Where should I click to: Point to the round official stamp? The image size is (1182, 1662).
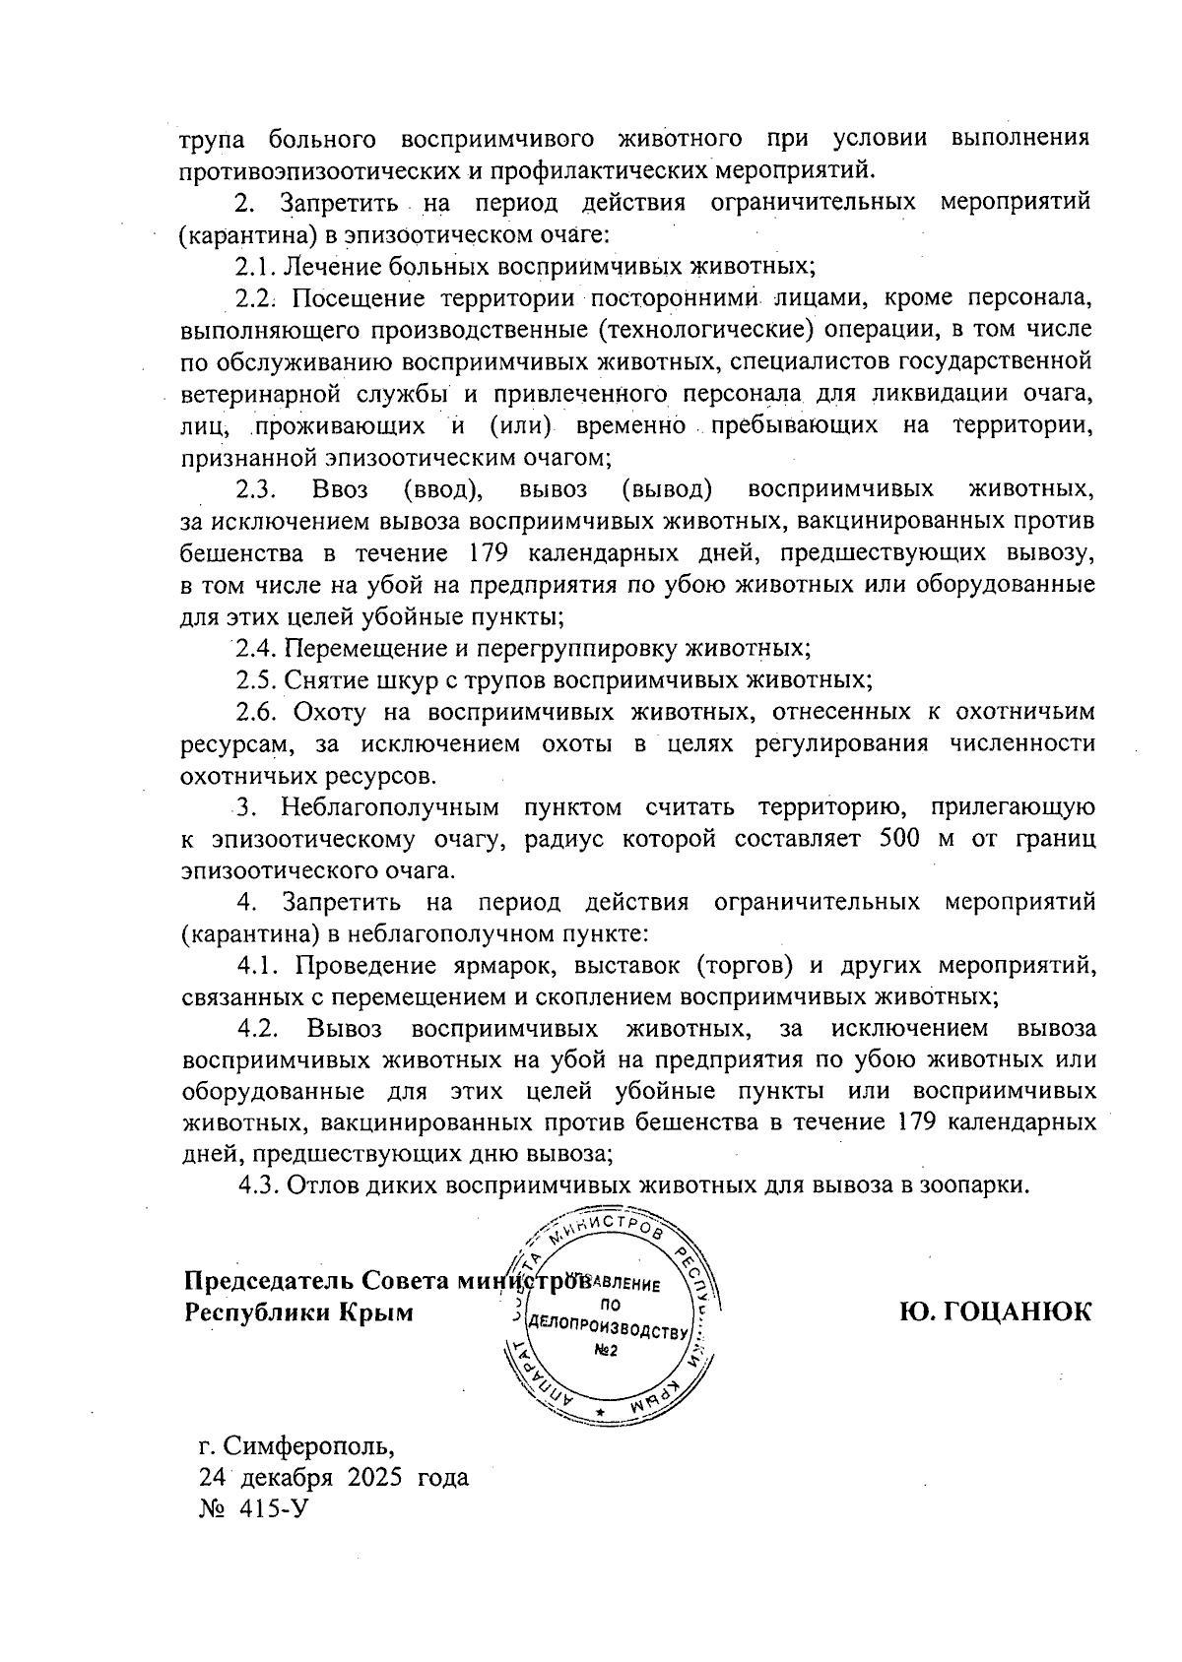click(x=612, y=1319)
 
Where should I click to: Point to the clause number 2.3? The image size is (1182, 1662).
click(x=259, y=488)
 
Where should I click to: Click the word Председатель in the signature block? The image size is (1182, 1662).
click(x=269, y=1281)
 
